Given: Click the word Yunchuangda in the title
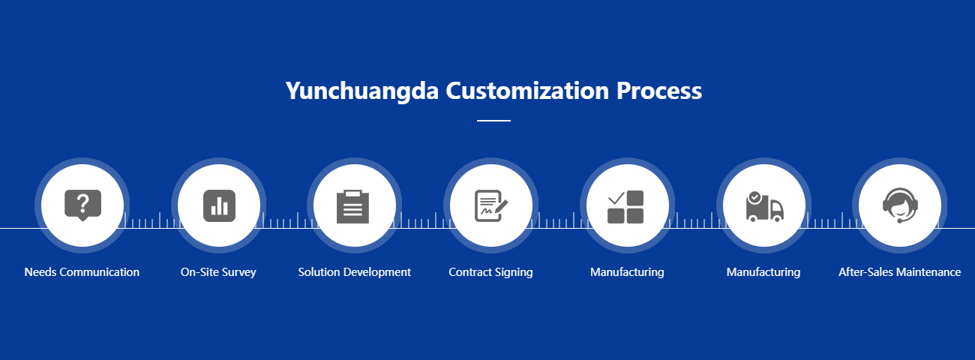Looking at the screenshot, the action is coord(362,91).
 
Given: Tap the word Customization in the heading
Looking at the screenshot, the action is coord(527,91).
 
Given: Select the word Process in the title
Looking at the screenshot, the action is coord(659,91).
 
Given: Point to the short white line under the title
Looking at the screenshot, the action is coord(493,121).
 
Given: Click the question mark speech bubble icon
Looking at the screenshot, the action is coord(82,205).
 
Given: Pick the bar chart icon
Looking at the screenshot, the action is coord(219,205).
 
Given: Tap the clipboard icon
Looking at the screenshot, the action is coord(353,206).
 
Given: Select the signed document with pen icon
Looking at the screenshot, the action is coord(491,205).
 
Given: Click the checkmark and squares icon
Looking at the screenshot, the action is coord(625,207).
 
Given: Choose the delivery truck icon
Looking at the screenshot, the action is coord(765,207).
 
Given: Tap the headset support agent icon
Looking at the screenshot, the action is coord(900,205).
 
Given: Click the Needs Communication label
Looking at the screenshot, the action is coord(82,272).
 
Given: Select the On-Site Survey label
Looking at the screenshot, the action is coord(218,272).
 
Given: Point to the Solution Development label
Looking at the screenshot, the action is coord(354,272).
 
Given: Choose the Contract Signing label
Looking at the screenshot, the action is coord(490,272).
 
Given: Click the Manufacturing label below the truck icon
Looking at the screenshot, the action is coord(763,272).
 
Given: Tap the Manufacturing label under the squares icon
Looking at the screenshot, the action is coord(627,272).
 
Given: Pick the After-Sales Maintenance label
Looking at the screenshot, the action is coord(900,272).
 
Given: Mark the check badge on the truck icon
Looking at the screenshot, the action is coord(755,197).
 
